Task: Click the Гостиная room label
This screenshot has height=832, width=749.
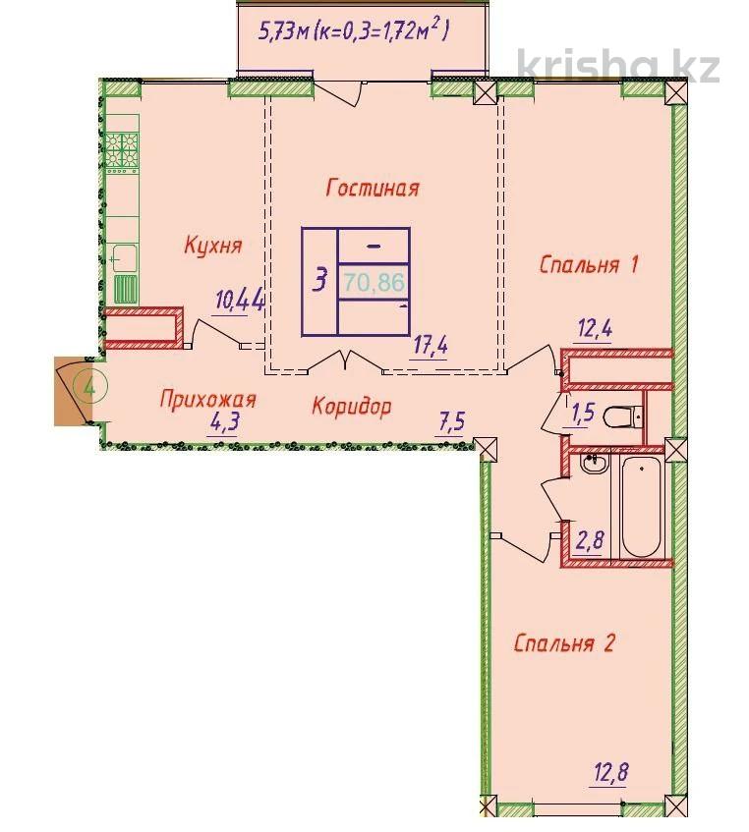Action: (373, 188)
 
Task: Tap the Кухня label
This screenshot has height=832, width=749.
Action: (213, 246)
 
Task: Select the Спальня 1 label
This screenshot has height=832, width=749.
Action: (588, 264)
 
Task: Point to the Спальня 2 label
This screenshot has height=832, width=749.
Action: (564, 643)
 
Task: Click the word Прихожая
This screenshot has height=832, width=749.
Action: (207, 399)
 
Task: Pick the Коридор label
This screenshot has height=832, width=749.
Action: (352, 406)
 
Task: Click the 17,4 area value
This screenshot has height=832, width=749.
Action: (430, 347)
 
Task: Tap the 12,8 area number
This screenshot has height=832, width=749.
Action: (609, 772)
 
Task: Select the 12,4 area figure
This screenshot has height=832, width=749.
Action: (595, 329)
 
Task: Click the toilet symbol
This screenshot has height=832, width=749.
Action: (624, 416)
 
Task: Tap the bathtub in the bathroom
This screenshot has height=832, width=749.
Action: (641, 506)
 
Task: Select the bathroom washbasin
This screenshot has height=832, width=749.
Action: (594, 463)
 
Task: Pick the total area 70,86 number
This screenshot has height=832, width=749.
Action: (374, 282)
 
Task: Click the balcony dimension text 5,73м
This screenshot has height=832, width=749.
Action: (283, 31)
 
